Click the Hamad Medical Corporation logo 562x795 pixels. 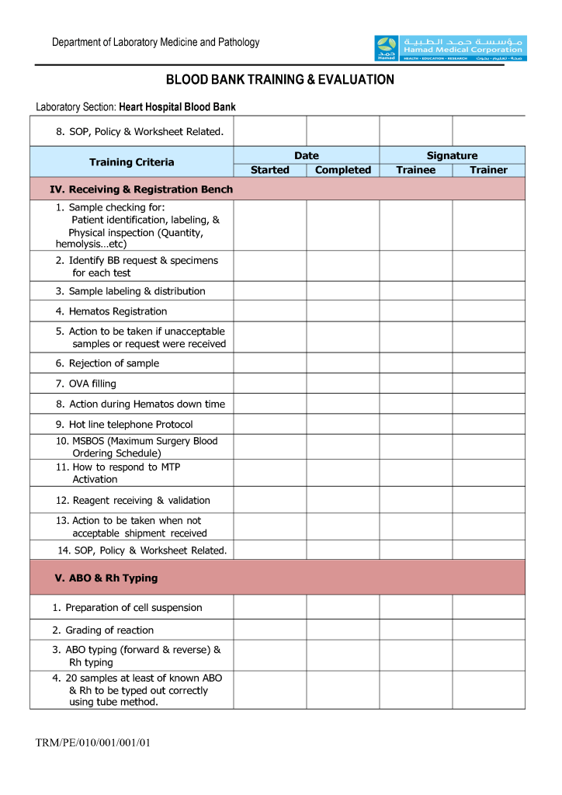click(449, 48)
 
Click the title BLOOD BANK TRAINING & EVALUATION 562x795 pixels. click(280, 80)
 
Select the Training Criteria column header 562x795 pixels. click(132, 162)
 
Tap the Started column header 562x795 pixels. click(270, 170)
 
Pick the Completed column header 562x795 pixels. click(343, 170)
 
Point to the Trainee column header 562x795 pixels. click(416, 170)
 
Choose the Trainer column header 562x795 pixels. click(488, 170)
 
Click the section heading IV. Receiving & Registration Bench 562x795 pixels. click(141, 189)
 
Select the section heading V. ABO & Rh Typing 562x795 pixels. click(106, 578)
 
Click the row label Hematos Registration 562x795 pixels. click(117, 311)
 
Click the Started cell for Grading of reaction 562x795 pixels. click(270, 630)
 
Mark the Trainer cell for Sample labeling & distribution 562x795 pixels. click(488, 291)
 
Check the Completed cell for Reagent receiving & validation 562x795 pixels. click(343, 501)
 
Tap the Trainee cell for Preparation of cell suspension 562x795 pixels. click(416, 607)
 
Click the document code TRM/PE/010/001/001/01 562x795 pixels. click(92, 743)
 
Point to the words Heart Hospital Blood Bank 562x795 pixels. click(177, 107)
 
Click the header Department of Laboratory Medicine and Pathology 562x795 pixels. click(156, 43)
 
